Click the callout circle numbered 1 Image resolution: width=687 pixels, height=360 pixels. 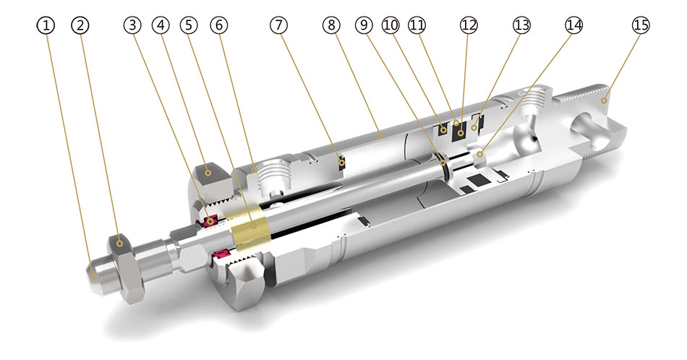47,25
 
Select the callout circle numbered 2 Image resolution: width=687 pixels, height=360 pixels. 82,25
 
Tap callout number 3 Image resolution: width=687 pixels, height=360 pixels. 132,25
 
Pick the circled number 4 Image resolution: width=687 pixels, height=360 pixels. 161,25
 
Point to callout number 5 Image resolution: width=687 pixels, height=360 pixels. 189,25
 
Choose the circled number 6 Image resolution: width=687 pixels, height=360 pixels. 218,25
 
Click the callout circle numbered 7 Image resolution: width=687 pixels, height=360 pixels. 279,25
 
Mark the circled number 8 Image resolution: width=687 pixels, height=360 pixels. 332,25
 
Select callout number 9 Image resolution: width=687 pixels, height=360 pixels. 364,25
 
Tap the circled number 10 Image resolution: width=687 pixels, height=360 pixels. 391,25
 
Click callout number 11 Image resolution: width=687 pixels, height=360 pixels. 416,25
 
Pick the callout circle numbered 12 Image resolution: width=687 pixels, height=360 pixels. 469,25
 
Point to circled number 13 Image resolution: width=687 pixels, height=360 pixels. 521,25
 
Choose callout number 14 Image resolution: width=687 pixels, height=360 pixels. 573,25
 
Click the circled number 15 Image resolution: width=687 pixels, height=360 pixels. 640,25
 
